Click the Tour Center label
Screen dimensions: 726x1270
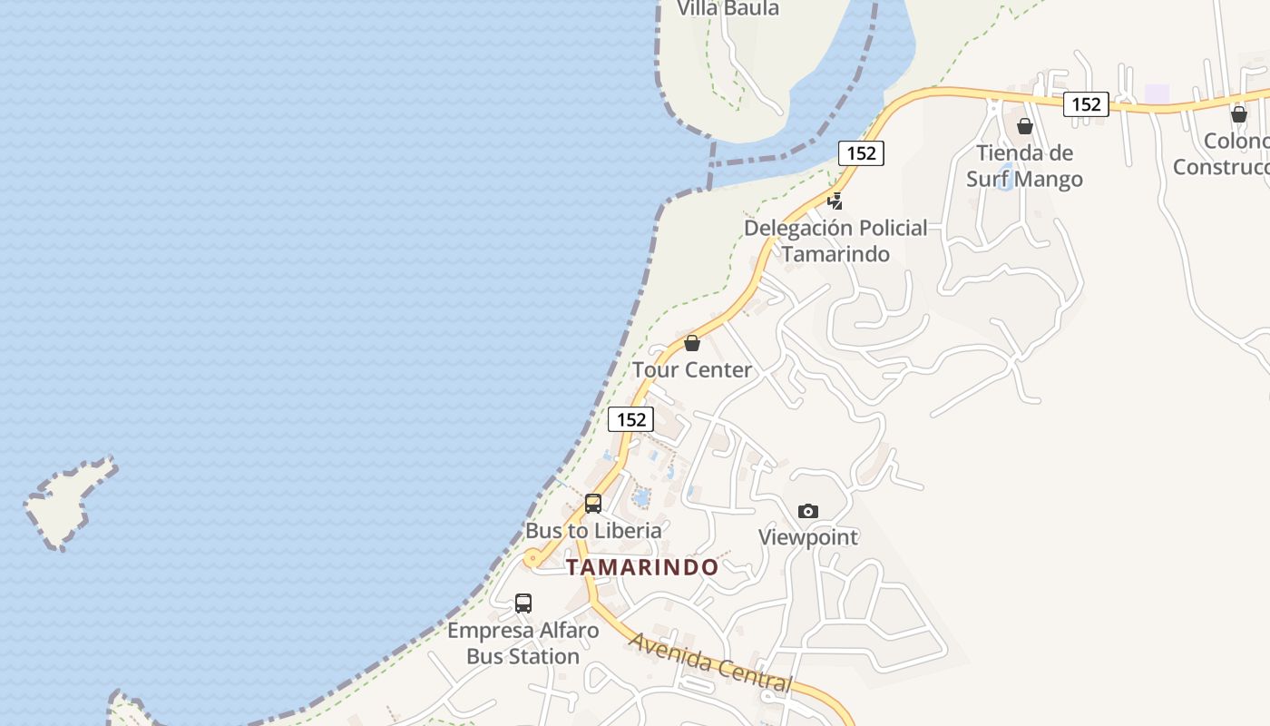(692, 369)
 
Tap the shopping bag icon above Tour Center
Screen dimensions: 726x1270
(692, 343)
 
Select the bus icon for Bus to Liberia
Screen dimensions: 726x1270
(593, 503)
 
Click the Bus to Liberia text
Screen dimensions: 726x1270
(593, 530)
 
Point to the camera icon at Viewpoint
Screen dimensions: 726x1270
(808, 511)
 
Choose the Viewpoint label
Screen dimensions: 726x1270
(808, 537)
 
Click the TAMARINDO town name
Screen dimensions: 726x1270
(642, 567)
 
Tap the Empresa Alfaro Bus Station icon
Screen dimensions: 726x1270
(523, 603)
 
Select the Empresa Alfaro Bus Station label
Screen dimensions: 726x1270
(523, 643)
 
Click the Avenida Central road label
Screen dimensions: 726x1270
(710, 662)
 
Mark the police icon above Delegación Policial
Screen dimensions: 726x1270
(835, 201)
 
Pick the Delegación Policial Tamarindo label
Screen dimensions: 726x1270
(835, 240)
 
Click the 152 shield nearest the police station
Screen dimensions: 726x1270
(861, 153)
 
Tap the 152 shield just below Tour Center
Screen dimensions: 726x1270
(630, 419)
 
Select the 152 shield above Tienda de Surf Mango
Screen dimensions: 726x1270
(1086, 104)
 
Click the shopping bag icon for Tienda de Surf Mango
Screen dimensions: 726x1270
(1025, 126)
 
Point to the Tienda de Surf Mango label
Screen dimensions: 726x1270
(1024, 166)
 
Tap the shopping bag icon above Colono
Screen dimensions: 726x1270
(1239, 114)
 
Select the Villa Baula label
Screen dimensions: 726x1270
(728, 9)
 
